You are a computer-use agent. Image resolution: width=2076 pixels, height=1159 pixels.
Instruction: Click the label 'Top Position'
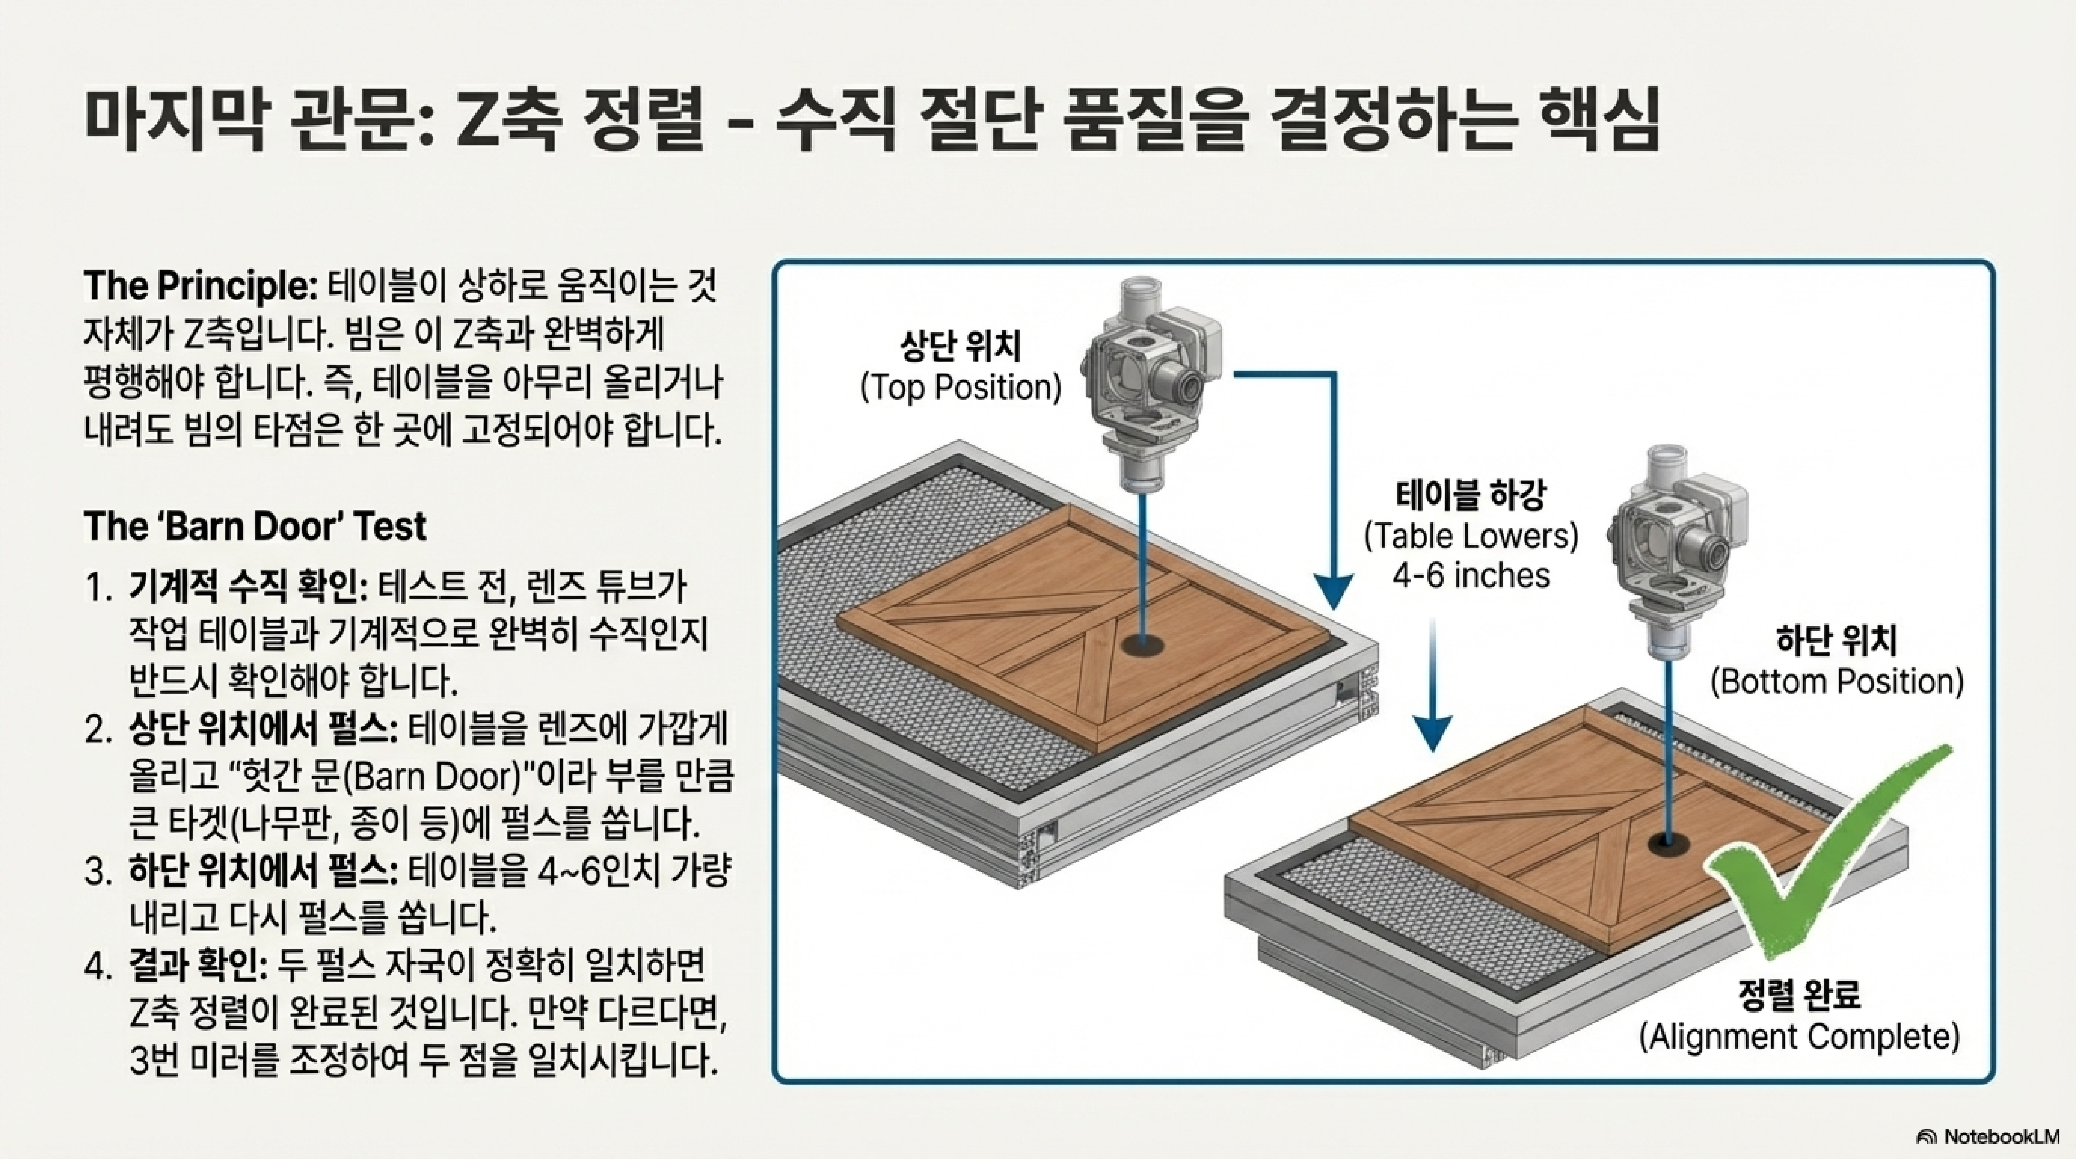pyautogui.click(x=961, y=388)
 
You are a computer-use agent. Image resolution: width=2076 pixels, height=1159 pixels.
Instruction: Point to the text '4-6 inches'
pyautogui.click(x=1471, y=576)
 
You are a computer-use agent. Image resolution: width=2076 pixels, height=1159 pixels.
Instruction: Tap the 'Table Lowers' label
pyautogui.click(x=1471, y=536)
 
